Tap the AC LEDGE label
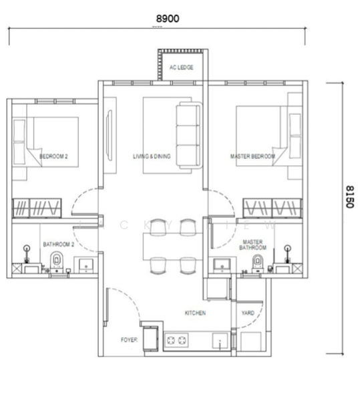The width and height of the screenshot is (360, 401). point(181,68)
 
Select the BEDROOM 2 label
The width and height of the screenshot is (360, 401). point(55,156)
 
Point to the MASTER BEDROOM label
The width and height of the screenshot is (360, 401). point(252,156)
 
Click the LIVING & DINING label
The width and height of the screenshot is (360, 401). point(152,156)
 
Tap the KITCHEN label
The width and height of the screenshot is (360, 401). point(195,313)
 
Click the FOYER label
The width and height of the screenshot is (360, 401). point(129,340)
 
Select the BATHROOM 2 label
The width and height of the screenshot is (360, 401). point(57,245)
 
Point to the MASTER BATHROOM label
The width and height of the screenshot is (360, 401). point(252,245)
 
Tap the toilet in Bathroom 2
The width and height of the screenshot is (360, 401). point(57,262)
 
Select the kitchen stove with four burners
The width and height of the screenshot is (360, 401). point(175,341)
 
